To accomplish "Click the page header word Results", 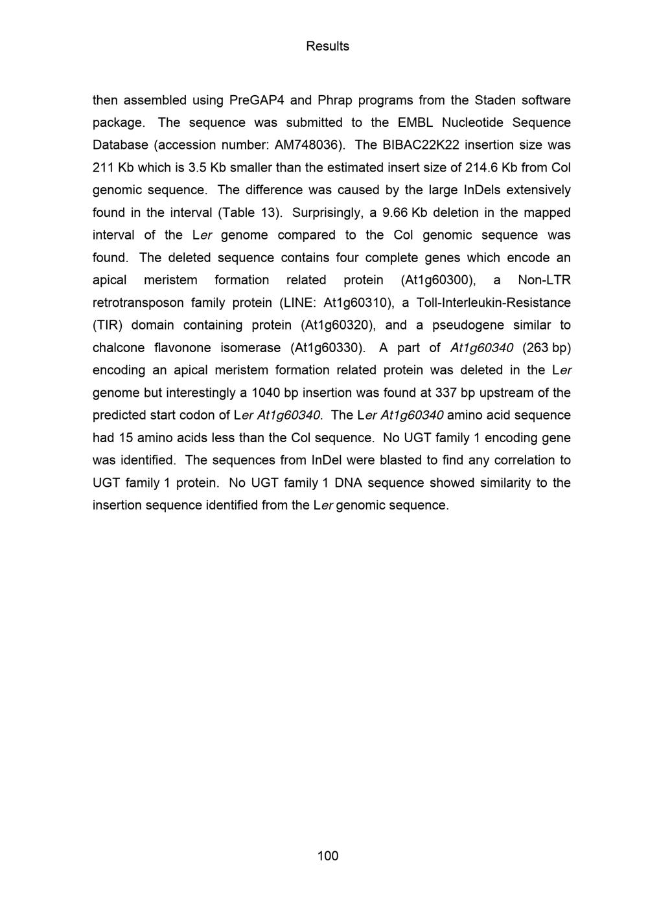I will (x=327, y=46).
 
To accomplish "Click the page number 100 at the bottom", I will (x=327, y=856).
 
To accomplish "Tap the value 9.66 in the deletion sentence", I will (x=395, y=212).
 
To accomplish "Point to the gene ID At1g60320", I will (x=336, y=325).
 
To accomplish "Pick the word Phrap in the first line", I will (x=334, y=100).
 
